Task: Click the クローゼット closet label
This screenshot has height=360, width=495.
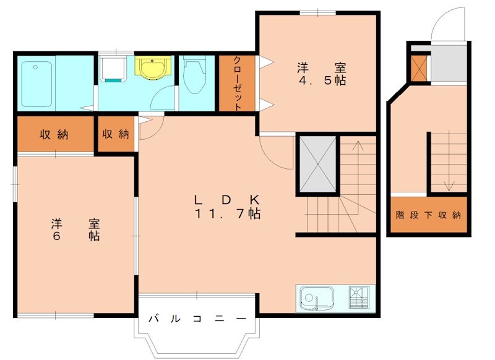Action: coord(237,84)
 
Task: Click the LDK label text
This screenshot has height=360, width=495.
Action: coord(226,200)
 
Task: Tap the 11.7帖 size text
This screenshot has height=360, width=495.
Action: coord(227,214)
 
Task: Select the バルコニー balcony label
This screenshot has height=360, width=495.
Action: coord(196,319)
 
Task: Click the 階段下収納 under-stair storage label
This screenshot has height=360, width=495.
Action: coord(428,215)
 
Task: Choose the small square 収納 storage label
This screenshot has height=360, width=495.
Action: coord(116,134)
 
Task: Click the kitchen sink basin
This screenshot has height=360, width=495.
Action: coord(316,299)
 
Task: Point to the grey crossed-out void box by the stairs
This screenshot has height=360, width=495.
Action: coord(317,164)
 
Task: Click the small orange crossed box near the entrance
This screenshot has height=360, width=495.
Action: coord(419,69)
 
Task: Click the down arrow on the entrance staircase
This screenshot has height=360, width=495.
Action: coord(449,184)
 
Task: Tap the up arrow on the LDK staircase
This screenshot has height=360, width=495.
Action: coord(357,147)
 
